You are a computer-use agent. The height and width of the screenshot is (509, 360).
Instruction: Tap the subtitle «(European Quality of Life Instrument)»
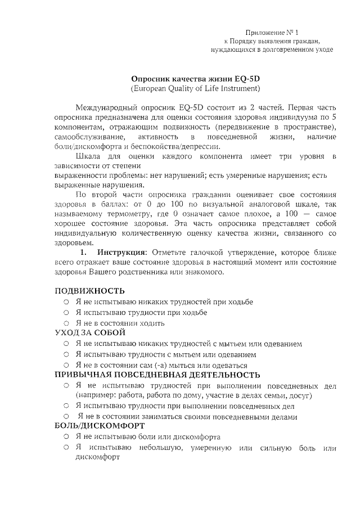click(x=195, y=89)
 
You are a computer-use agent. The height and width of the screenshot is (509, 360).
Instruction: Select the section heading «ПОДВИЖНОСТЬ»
click(x=89, y=291)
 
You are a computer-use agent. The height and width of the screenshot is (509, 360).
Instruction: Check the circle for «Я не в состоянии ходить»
click(x=66, y=323)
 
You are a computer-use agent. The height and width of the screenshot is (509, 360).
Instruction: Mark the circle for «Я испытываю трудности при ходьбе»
click(x=66, y=313)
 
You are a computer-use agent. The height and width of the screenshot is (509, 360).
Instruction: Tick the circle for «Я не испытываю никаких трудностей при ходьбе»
click(x=66, y=302)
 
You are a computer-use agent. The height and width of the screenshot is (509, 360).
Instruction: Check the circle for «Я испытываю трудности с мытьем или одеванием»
click(x=66, y=355)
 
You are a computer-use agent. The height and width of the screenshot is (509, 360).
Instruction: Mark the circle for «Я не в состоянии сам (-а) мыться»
click(x=66, y=365)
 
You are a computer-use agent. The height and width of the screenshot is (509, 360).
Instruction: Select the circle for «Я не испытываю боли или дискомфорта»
click(x=66, y=437)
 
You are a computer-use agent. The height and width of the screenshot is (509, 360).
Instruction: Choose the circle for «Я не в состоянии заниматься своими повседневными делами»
click(x=66, y=417)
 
